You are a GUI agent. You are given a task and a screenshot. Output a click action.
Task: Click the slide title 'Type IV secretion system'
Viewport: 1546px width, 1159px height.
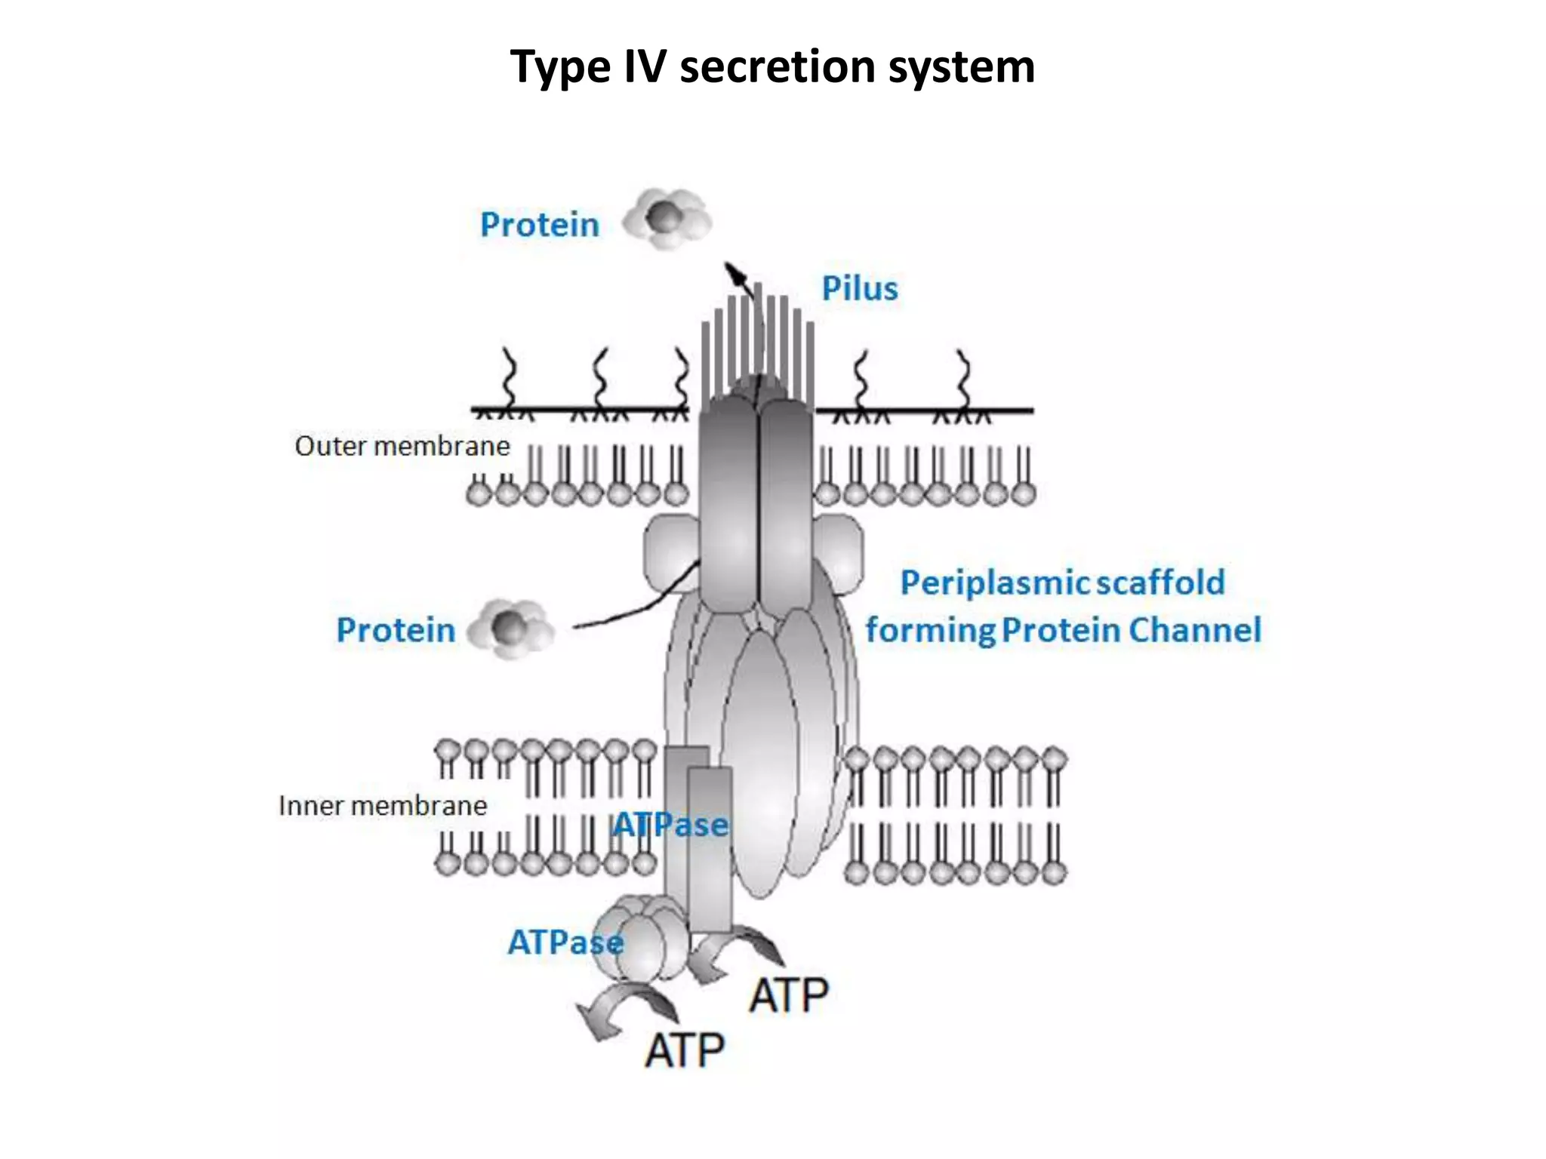(x=771, y=66)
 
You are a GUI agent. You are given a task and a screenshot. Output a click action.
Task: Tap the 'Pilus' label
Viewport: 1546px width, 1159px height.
(x=859, y=289)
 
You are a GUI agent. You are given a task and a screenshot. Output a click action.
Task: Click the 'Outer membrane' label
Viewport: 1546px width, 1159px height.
(x=402, y=446)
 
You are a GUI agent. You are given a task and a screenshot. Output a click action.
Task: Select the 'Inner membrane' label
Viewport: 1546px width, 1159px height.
(x=383, y=806)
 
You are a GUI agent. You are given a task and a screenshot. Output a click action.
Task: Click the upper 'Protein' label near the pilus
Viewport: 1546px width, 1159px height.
(x=539, y=225)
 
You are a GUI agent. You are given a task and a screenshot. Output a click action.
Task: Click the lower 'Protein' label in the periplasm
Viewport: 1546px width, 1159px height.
(x=396, y=630)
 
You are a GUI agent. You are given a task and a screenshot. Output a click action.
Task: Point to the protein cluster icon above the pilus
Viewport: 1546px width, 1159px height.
(x=667, y=219)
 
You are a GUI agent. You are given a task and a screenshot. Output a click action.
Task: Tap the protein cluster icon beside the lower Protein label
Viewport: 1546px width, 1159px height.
(x=511, y=628)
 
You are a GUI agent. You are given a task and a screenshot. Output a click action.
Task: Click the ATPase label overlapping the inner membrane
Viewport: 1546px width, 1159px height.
(x=670, y=825)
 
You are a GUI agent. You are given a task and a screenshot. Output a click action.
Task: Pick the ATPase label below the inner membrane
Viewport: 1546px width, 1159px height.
(x=565, y=942)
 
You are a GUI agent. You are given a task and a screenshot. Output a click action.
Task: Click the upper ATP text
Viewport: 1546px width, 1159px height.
(x=788, y=995)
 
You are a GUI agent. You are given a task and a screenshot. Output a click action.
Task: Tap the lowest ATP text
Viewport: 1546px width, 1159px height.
(x=685, y=1050)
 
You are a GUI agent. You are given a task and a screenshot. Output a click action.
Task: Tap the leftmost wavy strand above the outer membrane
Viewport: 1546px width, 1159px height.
(x=509, y=377)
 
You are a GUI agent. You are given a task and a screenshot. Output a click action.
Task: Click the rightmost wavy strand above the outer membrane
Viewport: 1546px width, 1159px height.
(x=963, y=377)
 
